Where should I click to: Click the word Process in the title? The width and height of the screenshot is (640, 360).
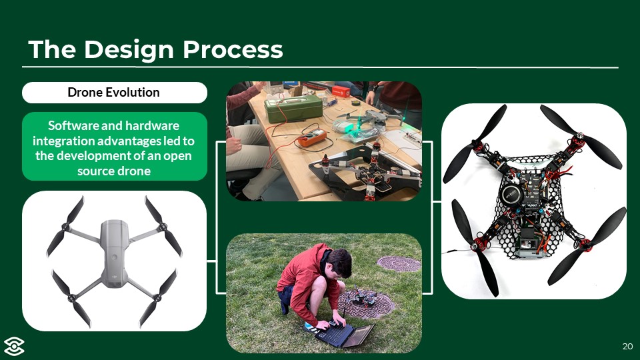233,50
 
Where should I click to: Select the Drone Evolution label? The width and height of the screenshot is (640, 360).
114,92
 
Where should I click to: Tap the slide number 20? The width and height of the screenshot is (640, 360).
627,347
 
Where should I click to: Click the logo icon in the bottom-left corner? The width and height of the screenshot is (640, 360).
14,347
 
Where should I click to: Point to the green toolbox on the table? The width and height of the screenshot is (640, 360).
293,108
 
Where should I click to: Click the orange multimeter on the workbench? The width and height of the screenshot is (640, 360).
311,137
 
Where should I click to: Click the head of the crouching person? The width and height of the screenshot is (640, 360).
339,263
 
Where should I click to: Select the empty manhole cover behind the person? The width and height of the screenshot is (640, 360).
399,264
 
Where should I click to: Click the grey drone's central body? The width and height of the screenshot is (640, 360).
114,253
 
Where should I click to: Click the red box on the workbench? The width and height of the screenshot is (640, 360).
341,91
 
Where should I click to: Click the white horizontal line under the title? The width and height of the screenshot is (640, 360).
320,67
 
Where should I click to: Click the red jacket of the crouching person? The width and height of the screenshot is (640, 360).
304,277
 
